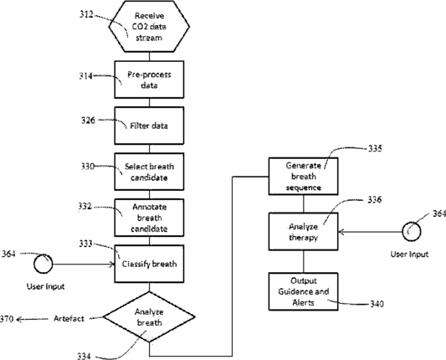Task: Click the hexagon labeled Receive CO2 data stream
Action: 149,26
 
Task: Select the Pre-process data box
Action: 149,80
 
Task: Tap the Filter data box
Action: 149,126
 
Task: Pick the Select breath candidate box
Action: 149,172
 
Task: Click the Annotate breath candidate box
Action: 149,218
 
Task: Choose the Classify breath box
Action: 149,264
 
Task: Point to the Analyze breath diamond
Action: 149,316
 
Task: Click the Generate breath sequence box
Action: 304,176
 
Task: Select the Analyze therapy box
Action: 304,231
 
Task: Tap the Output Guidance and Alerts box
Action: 304,291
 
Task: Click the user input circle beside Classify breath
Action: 44,264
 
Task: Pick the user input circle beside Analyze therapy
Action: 412,232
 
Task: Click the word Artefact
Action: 69,318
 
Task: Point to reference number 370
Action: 7,319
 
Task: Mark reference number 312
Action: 86,14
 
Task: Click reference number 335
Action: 375,148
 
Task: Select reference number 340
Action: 377,304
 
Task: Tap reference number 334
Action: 85,356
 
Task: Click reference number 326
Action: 88,120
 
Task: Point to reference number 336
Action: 374,200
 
